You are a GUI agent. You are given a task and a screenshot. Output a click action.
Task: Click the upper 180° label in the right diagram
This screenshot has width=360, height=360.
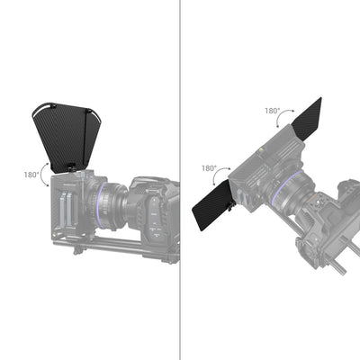click(272, 111)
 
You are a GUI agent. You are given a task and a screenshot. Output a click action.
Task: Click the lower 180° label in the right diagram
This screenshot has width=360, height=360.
click(209, 167)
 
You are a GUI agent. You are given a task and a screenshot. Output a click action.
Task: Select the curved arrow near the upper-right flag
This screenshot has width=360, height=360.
click(289, 118)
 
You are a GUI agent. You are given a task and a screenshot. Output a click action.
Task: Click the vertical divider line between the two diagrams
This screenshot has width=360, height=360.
click(181, 180)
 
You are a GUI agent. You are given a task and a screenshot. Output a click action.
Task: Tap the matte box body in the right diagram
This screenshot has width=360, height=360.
click(265, 162)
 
